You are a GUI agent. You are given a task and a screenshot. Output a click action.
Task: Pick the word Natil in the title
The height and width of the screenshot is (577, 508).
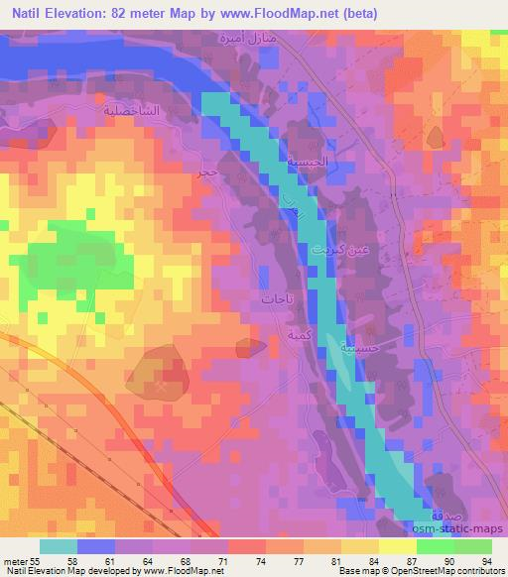click(29, 13)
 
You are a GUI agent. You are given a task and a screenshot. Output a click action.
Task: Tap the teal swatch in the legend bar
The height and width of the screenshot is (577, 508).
click(59, 546)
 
